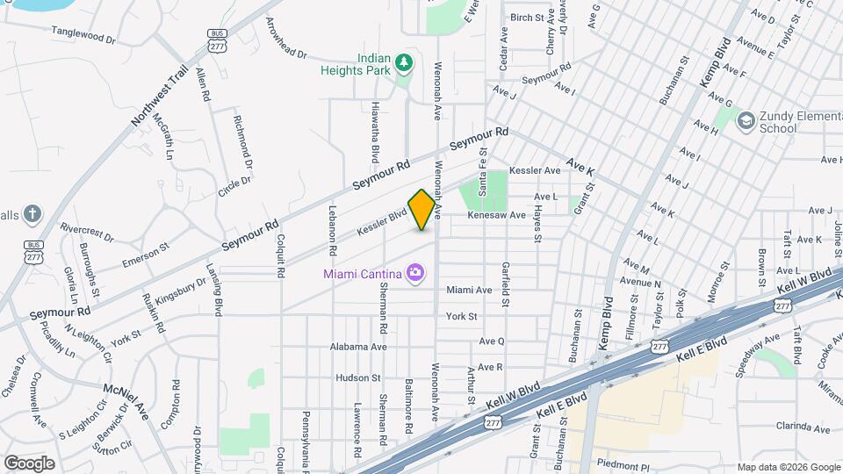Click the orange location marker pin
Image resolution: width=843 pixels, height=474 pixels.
(422, 209)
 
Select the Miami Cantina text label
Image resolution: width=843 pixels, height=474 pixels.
(361, 274)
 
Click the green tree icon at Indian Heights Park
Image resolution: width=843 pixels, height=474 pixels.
(404, 62)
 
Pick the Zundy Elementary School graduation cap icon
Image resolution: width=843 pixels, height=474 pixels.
(746, 119)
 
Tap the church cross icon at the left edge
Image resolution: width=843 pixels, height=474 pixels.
(32, 213)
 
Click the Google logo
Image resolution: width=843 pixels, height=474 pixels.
(29, 463)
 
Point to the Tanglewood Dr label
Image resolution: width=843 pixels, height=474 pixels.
(83, 39)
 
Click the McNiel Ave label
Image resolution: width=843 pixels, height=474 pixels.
(126, 401)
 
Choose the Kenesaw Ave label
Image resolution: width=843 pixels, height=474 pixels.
(496, 215)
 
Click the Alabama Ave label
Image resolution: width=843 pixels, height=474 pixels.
(358, 347)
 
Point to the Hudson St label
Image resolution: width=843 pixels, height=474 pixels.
(357, 377)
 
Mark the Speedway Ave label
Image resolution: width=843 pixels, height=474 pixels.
(758, 354)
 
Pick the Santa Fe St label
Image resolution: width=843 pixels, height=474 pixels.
(482, 170)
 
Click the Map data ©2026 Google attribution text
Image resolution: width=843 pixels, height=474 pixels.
(788, 467)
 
